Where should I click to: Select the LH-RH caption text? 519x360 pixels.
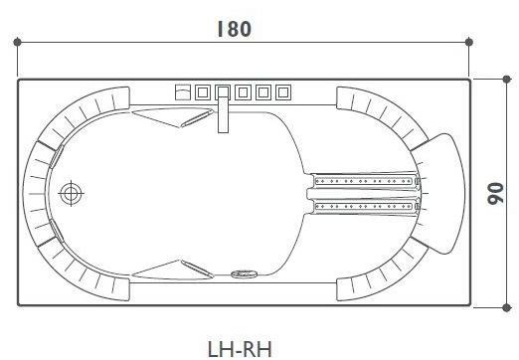(x=240, y=347)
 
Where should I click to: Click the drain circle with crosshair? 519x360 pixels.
(x=71, y=194)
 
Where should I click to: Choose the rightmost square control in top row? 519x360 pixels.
(x=283, y=92)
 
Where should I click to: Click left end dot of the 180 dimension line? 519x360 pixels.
(x=18, y=42)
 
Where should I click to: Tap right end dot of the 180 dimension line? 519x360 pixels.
(x=470, y=42)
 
